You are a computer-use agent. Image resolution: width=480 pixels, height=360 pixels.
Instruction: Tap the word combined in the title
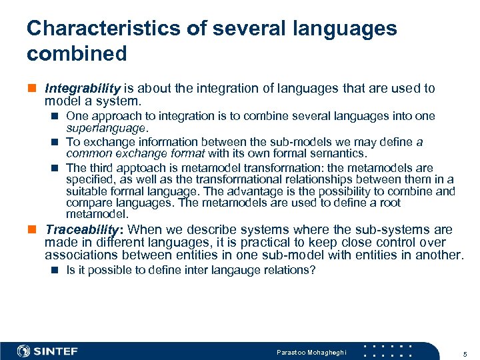click(77, 53)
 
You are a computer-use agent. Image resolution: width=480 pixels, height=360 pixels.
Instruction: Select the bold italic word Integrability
click(82, 89)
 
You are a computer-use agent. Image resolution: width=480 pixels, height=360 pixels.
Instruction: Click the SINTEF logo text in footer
click(56, 351)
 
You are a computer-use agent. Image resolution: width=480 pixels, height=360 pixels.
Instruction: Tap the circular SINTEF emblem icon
click(24, 351)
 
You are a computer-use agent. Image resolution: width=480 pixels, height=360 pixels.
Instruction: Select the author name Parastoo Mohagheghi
click(311, 351)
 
